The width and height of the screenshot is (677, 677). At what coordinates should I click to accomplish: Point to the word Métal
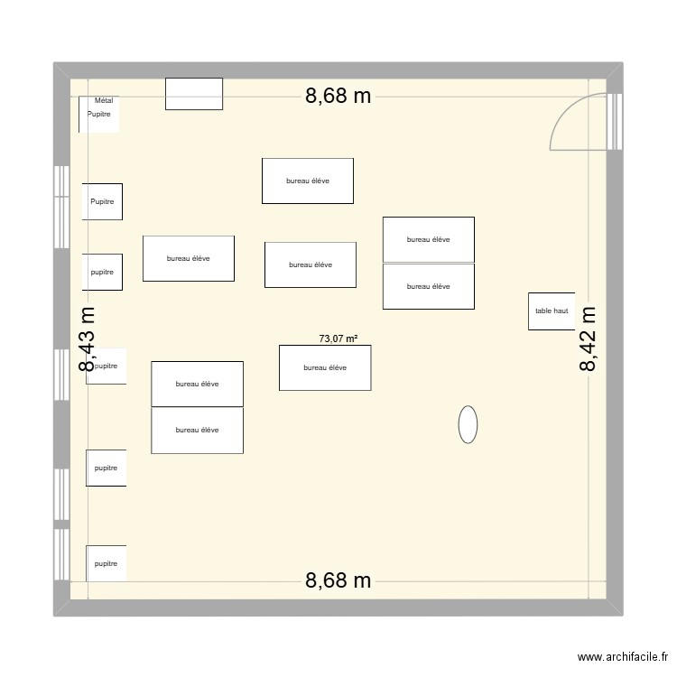(104, 101)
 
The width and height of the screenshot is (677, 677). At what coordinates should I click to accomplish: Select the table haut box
(552, 311)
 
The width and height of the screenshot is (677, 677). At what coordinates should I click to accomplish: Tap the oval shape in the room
(468, 424)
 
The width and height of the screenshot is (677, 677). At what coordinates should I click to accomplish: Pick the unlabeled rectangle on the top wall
(194, 94)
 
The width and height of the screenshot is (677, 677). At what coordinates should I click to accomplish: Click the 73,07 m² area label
(338, 339)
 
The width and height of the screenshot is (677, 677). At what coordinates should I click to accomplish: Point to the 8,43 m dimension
(87, 338)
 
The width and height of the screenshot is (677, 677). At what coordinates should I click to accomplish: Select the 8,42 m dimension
(589, 338)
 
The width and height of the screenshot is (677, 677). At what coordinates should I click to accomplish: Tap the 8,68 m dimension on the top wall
(338, 97)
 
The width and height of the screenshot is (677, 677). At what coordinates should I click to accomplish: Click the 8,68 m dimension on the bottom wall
(338, 580)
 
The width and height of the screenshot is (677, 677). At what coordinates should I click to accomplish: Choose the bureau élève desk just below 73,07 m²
(325, 367)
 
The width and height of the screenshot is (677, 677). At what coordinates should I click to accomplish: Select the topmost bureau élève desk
(308, 181)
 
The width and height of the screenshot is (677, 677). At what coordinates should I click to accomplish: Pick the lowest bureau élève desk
(197, 431)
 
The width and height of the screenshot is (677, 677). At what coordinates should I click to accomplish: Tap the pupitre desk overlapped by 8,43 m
(107, 366)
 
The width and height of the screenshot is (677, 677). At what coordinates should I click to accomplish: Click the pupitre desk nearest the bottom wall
(107, 563)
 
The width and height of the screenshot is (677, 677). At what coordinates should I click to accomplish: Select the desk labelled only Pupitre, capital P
(102, 201)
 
